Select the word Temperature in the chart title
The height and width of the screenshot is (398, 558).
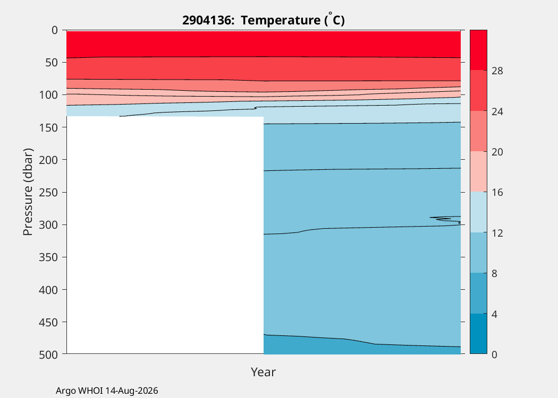[281, 20]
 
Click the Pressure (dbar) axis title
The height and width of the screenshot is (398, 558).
[28, 192]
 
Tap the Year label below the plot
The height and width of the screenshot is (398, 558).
[264, 371]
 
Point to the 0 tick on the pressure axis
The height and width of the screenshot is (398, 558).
[54, 30]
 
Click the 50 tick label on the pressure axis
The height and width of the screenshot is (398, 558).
[52, 63]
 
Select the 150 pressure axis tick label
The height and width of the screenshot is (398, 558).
[48, 127]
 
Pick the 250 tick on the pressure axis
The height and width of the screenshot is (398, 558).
[48, 192]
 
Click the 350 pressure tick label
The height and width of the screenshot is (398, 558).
[48, 257]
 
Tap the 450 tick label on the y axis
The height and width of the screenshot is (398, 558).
[48, 322]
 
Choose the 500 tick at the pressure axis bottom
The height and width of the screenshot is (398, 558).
[48, 354]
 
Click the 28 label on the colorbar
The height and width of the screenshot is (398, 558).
[497, 71]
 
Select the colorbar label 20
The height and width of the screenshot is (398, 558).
[497, 152]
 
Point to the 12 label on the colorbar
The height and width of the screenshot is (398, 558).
[497, 233]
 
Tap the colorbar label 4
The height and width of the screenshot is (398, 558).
[494, 314]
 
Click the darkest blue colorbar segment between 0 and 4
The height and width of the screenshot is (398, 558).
[478, 334]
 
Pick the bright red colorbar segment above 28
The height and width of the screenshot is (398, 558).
[478, 50]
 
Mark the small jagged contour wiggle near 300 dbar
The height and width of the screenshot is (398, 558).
[445, 220]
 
